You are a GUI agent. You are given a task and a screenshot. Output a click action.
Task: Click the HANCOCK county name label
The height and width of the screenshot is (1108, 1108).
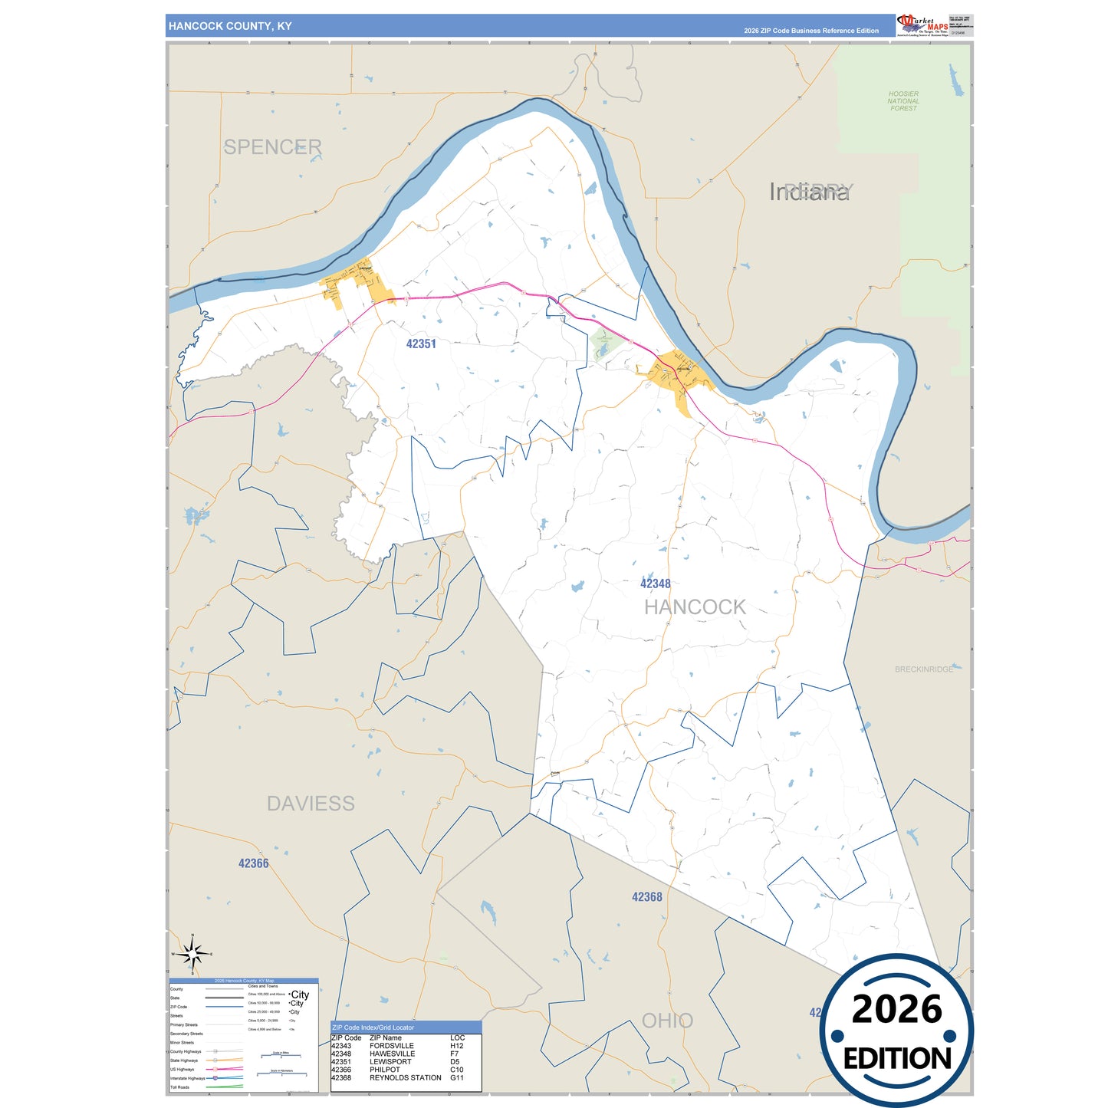pyautogui.click(x=695, y=607)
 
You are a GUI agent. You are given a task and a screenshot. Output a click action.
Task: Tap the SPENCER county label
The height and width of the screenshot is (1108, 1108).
pyautogui.click(x=272, y=146)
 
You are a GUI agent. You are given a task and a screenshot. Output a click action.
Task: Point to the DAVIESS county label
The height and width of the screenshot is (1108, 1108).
pyautogui.click(x=311, y=804)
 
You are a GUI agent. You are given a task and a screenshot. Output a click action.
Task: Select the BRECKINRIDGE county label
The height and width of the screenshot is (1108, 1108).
pyautogui.click(x=924, y=669)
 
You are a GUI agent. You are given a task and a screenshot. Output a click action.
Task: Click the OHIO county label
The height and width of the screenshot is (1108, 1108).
pyautogui.click(x=667, y=1021)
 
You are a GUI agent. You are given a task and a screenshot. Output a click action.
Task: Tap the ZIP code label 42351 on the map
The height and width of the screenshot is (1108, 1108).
pyautogui.click(x=421, y=344)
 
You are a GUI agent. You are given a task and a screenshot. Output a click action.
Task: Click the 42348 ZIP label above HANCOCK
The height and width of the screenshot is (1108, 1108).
pyautogui.click(x=656, y=584)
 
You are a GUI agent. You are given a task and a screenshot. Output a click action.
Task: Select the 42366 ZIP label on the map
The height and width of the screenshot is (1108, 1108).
pyautogui.click(x=253, y=863)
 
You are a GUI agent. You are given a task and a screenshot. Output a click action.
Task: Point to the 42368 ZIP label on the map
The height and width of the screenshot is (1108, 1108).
pyautogui.click(x=646, y=897)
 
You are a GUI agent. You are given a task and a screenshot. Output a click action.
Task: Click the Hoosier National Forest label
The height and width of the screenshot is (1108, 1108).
pyautogui.click(x=903, y=101)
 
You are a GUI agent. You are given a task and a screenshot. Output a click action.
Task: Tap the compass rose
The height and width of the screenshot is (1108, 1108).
pyautogui.click(x=192, y=954)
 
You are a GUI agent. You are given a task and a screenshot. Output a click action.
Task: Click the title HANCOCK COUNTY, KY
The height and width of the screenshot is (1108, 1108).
pyautogui.click(x=230, y=26)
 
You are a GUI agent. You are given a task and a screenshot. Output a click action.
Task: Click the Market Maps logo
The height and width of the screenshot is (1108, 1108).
pyautogui.click(x=922, y=25)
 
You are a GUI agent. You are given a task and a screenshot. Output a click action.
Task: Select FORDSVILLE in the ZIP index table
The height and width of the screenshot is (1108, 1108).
pyautogui.click(x=391, y=1046)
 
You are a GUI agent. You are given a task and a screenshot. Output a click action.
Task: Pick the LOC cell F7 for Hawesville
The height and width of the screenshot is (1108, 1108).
pyautogui.click(x=454, y=1054)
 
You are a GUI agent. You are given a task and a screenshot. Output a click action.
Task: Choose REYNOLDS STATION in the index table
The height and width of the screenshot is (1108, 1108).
pyautogui.click(x=405, y=1078)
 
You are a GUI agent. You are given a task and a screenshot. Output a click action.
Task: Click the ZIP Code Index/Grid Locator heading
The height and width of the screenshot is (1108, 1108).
pyautogui.click(x=373, y=1027)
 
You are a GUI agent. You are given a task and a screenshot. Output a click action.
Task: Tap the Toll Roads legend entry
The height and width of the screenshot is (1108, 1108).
pyautogui.click(x=180, y=1087)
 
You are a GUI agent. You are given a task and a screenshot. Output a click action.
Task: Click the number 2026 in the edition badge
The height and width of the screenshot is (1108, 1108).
pyautogui.click(x=896, y=1009)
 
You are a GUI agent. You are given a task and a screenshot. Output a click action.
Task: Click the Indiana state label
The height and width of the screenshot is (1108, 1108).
pyautogui.click(x=809, y=192)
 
